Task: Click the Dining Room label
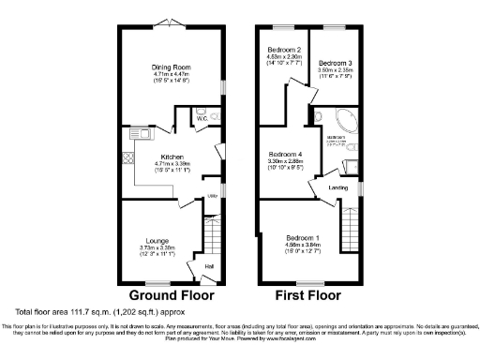(171, 67)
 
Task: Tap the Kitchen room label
(172, 157)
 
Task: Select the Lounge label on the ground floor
(157, 240)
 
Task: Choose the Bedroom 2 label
(284, 48)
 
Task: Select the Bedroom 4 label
(285, 154)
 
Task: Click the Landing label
(338, 187)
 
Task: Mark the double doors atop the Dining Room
(170, 20)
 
